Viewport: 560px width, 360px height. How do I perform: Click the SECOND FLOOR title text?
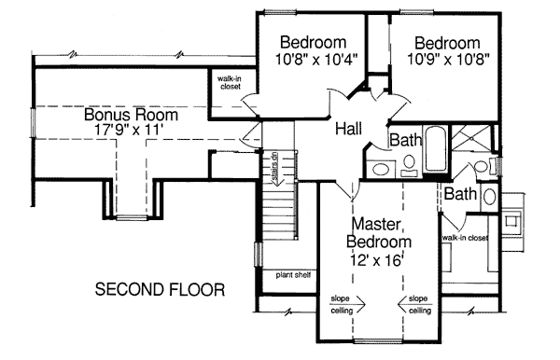coord(160,289)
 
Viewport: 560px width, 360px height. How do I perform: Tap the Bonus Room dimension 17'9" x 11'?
coord(131,129)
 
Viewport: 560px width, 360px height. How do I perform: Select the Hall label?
coord(348,129)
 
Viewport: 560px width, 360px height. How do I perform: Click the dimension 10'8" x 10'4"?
coord(316,60)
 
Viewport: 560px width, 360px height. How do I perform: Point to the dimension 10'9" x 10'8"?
coord(448,60)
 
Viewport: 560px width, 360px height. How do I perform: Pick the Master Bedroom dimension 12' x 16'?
coord(376,260)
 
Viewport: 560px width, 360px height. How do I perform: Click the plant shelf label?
coord(293,275)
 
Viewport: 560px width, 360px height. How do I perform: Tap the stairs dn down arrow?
coord(275,169)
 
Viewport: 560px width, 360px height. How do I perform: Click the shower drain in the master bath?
coord(469,137)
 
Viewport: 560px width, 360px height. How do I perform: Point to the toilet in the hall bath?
coord(409,166)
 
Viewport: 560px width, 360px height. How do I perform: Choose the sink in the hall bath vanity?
coord(380,169)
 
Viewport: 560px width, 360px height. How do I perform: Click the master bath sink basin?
coord(490,196)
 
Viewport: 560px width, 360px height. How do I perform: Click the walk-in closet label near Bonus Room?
coord(231,83)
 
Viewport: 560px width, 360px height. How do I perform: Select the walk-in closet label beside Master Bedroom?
coord(465,238)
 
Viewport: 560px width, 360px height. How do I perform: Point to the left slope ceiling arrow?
coord(348,305)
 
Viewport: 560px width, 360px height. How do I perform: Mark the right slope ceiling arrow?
coord(414,305)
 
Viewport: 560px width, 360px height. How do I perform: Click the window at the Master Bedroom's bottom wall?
coord(377,341)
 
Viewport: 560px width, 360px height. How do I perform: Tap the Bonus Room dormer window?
coord(132,217)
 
